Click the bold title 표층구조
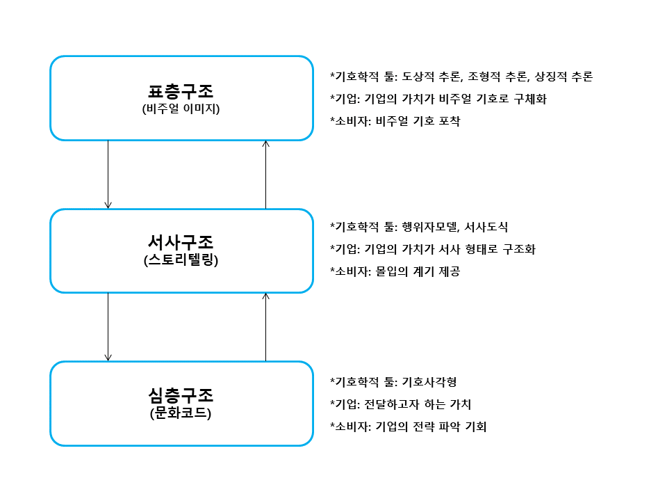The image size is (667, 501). pos(181,91)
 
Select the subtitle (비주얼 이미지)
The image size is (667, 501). pos(181,109)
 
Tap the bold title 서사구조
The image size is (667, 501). pos(181,242)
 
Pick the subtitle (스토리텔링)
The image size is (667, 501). pos(181,260)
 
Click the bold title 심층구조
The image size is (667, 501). pos(181,395)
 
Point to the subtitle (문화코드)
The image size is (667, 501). pos(181,413)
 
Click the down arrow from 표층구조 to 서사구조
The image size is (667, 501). pos(108,174)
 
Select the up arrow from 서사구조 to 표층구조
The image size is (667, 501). pos(266,174)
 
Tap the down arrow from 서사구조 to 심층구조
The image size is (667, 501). pos(108,327)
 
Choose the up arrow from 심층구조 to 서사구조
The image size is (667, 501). pos(266,327)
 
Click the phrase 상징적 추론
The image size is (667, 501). pos(563,77)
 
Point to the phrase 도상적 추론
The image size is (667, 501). pos(431,77)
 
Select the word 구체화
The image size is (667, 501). pos(530,99)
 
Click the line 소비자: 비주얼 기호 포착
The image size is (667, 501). pos(397,121)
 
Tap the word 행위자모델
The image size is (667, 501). pos(430,227)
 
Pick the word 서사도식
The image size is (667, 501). pos(486,227)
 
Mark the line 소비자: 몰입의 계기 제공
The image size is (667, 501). pos(397,271)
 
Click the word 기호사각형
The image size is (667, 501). pos(429,382)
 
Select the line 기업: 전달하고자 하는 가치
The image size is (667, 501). pos(403,404)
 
